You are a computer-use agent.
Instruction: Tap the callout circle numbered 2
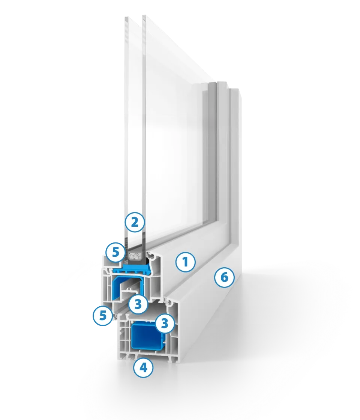pos(135,223)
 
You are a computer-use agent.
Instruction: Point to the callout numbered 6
pos(224,278)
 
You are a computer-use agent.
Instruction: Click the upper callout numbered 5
pos(115,253)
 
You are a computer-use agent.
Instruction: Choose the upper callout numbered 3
pos(138,304)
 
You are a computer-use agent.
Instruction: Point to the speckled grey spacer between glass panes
pos(135,257)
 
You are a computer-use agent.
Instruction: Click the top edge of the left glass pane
pos(126,17)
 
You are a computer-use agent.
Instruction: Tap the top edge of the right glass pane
pos(144,16)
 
